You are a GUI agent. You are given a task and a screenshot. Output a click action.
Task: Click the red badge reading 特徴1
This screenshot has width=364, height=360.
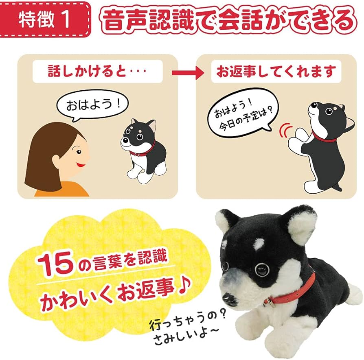click(x=46, y=20)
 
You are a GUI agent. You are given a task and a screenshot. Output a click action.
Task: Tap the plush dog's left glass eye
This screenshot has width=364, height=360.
click(x=261, y=268)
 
